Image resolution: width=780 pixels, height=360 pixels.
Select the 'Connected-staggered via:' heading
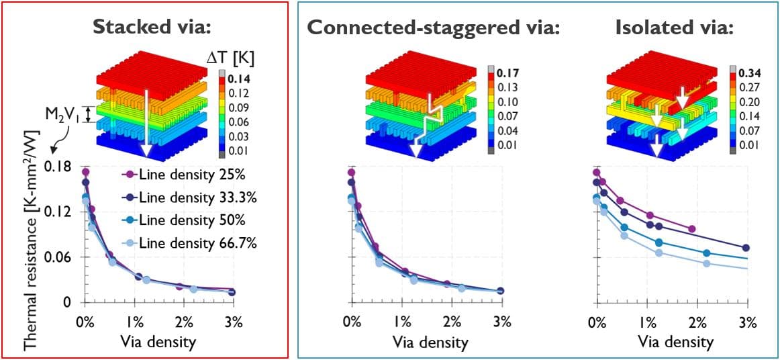[x=434, y=27]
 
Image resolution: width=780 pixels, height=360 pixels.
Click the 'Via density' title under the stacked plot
[x=158, y=342]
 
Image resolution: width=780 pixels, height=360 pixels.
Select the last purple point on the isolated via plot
[x=692, y=229]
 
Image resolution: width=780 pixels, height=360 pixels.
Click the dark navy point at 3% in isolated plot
[x=746, y=248]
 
